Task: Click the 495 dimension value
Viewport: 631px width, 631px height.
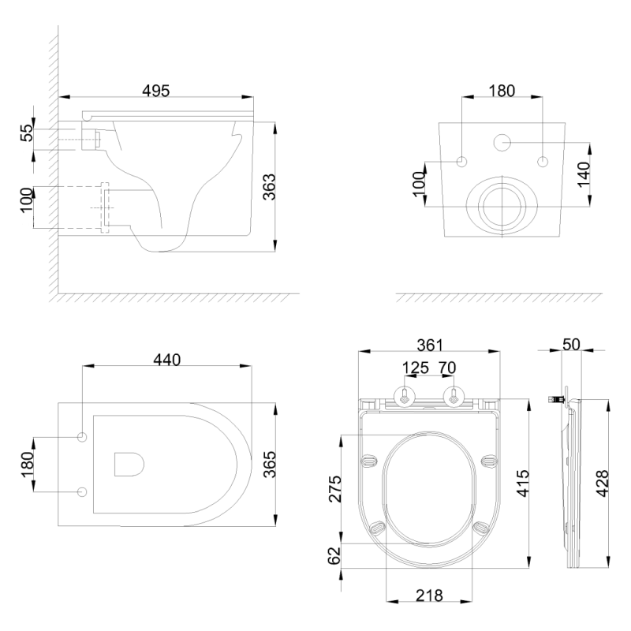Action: pyautogui.click(x=155, y=91)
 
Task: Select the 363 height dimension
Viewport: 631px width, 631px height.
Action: pyautogui.click(x=269, y=187)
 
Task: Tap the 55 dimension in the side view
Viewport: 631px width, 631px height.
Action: pyautogui.click(x=28, y=133)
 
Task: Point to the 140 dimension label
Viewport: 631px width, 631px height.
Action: pyautogui.click(x=584, y=174)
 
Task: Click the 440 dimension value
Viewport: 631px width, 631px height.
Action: pyautogui.click(x=167, y=360)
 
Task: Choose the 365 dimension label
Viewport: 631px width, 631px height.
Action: pyautogui.click(x=269, y=465)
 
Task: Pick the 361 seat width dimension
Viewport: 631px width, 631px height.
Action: pyautogui.click(x=429, y=345)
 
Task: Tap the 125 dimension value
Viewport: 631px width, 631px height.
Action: pyautogui.click(x=416, y=368)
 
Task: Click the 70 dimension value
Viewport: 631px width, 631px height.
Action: pyautogui.click(x=447, y=368)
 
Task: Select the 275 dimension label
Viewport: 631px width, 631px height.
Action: pyautogui.click(x=334, y=489)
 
